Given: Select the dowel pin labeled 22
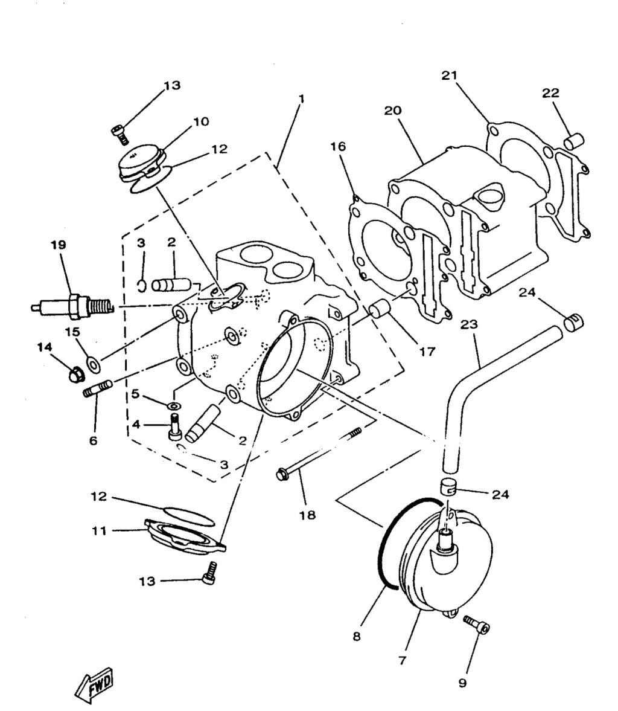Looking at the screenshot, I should point(574,141).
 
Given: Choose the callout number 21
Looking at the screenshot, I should point(449,76).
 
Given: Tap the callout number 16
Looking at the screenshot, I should point(338,146).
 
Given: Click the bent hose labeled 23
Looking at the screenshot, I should point(477,387).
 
